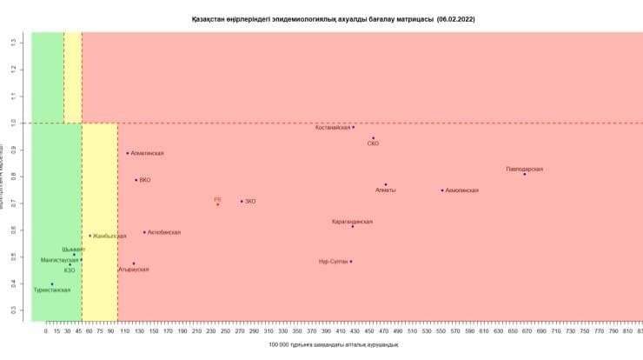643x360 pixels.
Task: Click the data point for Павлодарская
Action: (525, 174)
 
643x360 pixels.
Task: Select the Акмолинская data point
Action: (442, 190)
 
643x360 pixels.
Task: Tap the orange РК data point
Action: (217, 203)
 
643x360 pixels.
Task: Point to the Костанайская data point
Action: (353, 127)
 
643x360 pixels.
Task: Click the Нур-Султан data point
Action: (351, 261)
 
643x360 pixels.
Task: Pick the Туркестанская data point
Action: (52, 284)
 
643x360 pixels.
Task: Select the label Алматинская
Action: (147, 153)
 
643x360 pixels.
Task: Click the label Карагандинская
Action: (352, 222)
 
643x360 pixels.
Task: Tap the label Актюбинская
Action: (164, 232)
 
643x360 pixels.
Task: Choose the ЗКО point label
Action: (250, 202)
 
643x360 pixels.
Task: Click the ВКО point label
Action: (145, 180)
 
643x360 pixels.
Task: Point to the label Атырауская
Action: (134, 270)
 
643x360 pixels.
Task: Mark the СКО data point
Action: (373, 138)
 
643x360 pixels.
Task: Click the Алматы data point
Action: (386, 184)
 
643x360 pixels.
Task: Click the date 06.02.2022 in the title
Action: (456, 18)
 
